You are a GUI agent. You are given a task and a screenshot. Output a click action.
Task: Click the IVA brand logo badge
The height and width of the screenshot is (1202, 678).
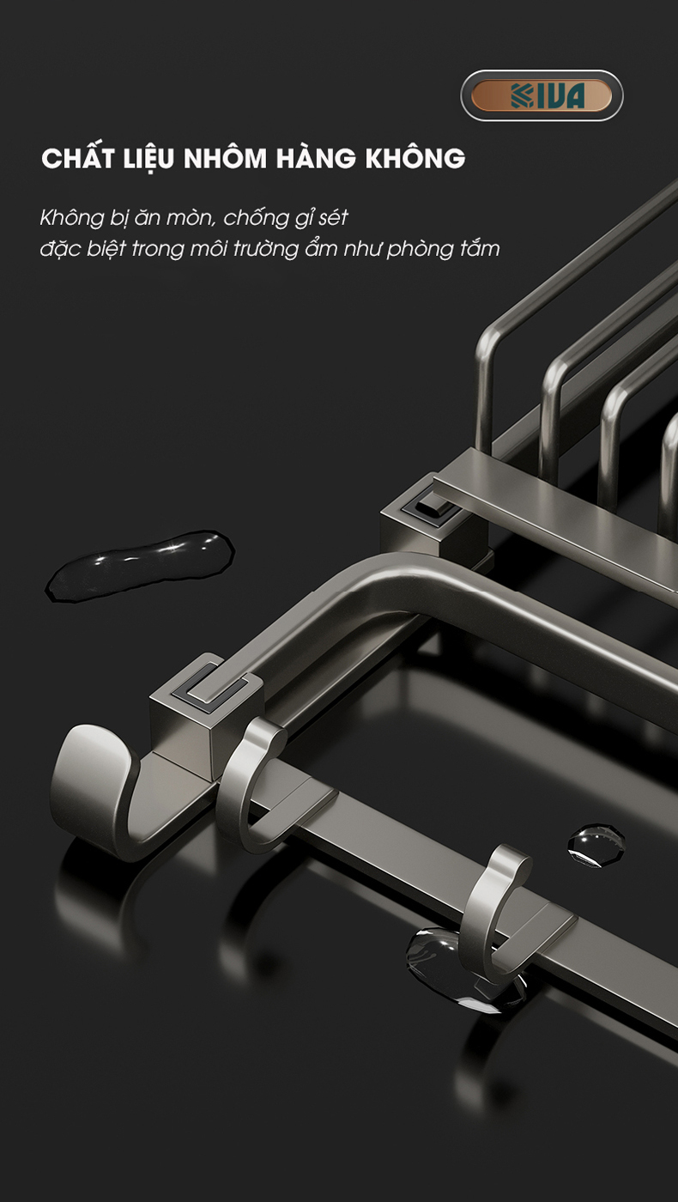(x=542, y=95)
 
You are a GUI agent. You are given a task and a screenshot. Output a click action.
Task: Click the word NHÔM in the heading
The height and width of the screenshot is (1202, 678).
(x=225, y=158)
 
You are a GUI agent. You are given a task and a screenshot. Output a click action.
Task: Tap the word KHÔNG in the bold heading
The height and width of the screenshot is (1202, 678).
(x=415, y=158)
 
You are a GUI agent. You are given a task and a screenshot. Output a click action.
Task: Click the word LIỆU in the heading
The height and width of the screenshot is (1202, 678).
(x=149, y=159)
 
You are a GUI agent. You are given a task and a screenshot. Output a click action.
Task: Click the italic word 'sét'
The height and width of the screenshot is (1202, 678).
(x=333, y=218)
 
